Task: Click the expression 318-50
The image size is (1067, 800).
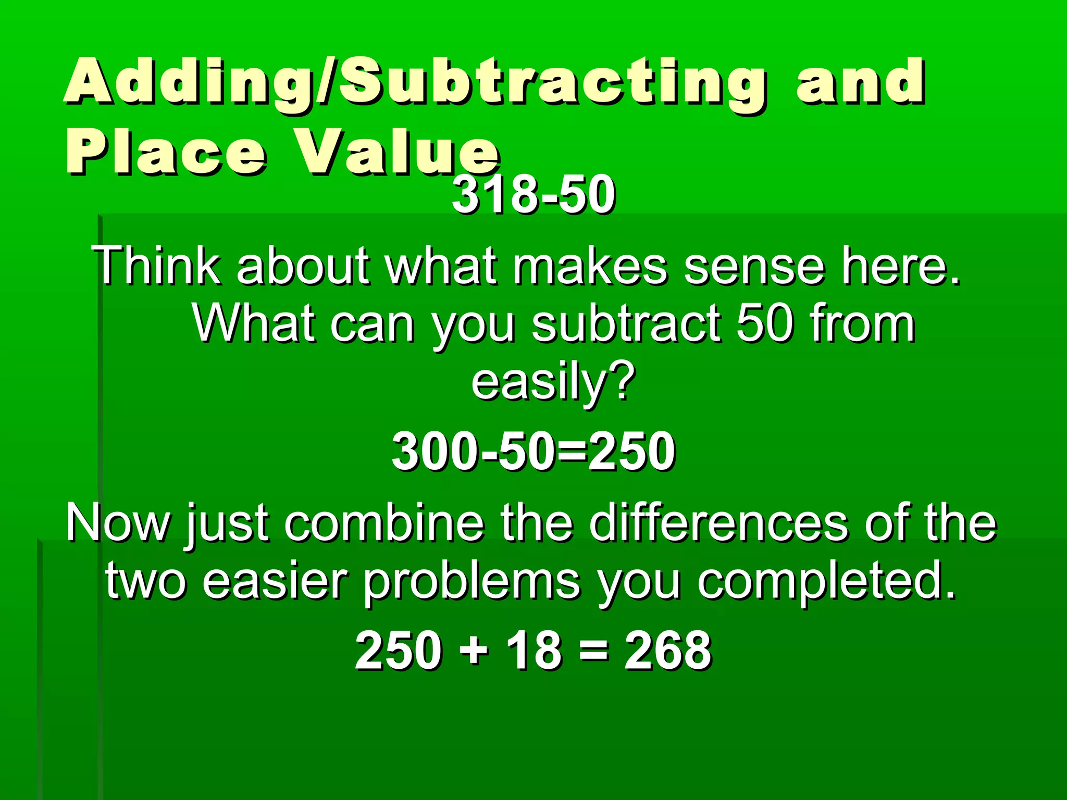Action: pos(533,195)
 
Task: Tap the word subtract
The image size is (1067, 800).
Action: pos(625,323)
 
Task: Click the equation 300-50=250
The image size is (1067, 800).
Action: pos(533,451)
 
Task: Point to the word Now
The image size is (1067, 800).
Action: pos(118,523)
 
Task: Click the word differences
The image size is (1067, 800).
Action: pos(719,523)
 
